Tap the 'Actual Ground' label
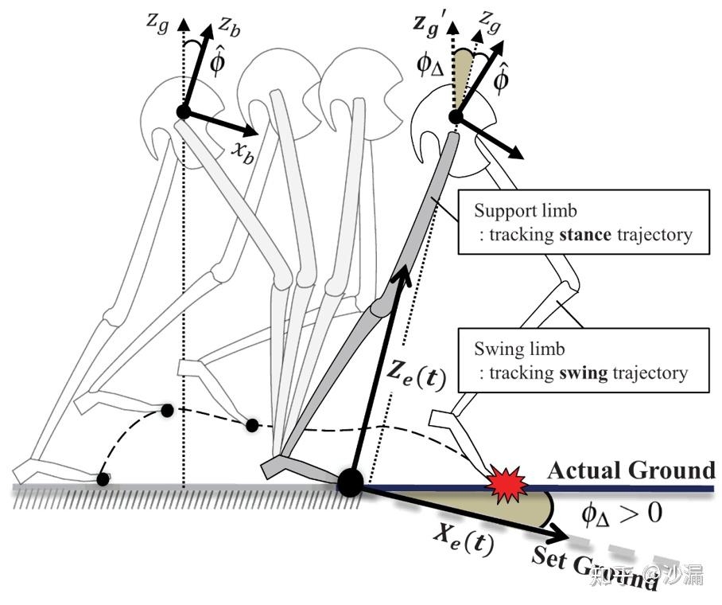(x=631, y=470)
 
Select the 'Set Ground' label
(x=594, y=568)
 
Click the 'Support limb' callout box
(x=584, y=221)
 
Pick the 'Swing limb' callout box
(x=584, y=360)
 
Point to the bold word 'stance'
(x=584, y=235)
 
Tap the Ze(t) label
(x=416, y=374)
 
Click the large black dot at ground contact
(x=351, y=482)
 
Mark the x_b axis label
(x=243, y=153)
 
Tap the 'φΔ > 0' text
(x=622, y=513)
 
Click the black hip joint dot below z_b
(x=183, y=111)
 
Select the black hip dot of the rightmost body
(x=456, y=117)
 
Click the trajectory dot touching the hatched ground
(x=103, y=479)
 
